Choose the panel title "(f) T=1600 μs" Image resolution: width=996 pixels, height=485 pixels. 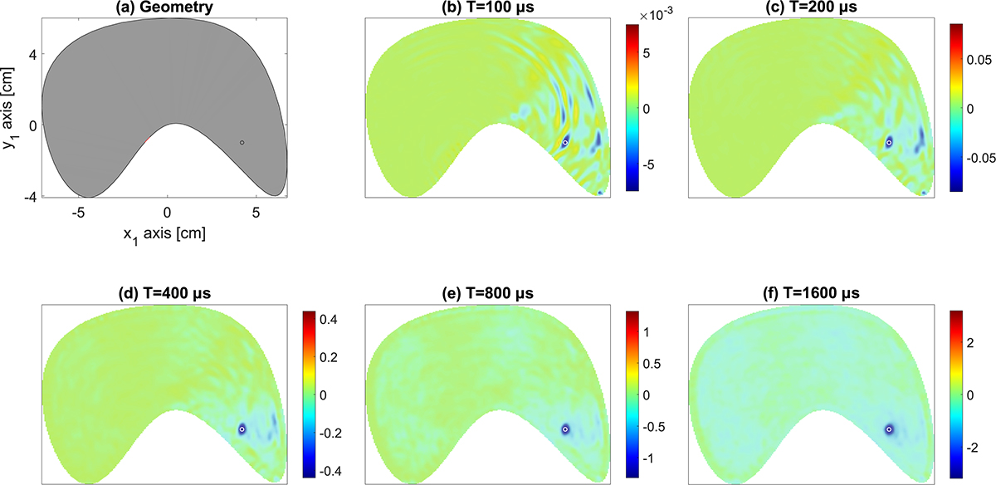[812, 292]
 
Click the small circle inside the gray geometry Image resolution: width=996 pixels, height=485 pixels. [242, 143]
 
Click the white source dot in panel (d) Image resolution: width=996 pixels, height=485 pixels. [242, 429]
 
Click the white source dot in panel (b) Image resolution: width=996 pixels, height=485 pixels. [565, 143]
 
